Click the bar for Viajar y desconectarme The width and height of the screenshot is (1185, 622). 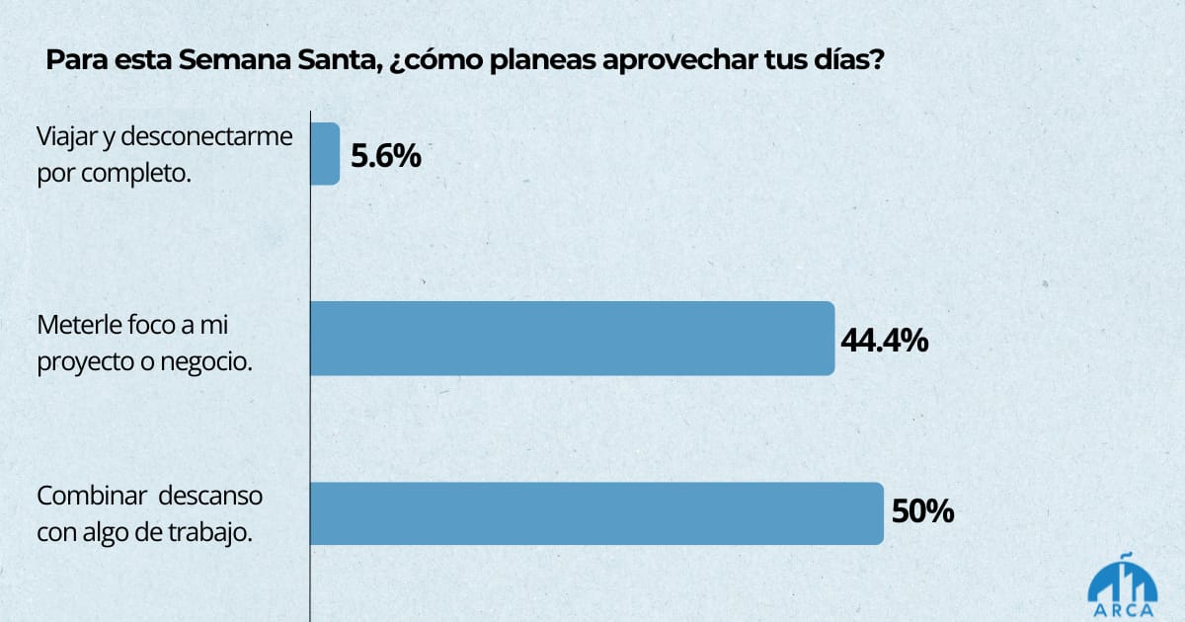[x=326, y=154]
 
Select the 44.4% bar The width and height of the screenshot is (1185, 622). [x=573, y=339]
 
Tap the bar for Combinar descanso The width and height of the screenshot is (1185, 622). [x=596, y=513]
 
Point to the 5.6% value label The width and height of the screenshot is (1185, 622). [x=386, y=156]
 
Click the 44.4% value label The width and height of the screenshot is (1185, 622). [x=884, y=341]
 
